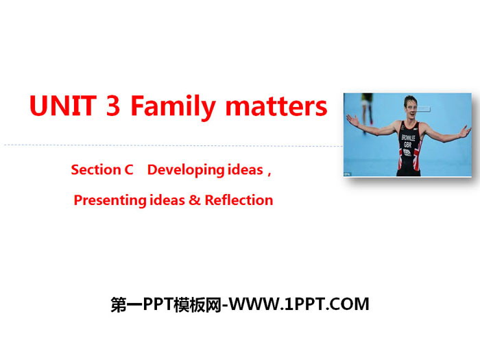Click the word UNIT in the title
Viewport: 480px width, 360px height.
63,106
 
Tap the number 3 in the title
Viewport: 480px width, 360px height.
112,106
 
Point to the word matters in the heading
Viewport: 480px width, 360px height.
276,106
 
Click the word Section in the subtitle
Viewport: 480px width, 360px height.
96,169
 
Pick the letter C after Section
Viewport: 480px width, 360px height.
129,169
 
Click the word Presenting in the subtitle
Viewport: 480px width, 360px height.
110,201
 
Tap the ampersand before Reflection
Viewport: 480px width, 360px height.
194,200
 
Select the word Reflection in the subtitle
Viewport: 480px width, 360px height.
239,200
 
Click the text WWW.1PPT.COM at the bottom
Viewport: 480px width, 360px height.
299,304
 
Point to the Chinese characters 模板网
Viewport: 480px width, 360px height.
197,305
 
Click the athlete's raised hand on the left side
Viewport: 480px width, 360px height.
353,120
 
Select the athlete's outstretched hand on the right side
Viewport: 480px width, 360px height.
464,132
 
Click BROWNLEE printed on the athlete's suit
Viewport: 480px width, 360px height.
409,138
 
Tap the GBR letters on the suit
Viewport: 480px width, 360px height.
408,145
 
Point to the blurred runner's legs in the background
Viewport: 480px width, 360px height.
367,113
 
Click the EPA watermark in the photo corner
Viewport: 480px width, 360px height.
347,174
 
